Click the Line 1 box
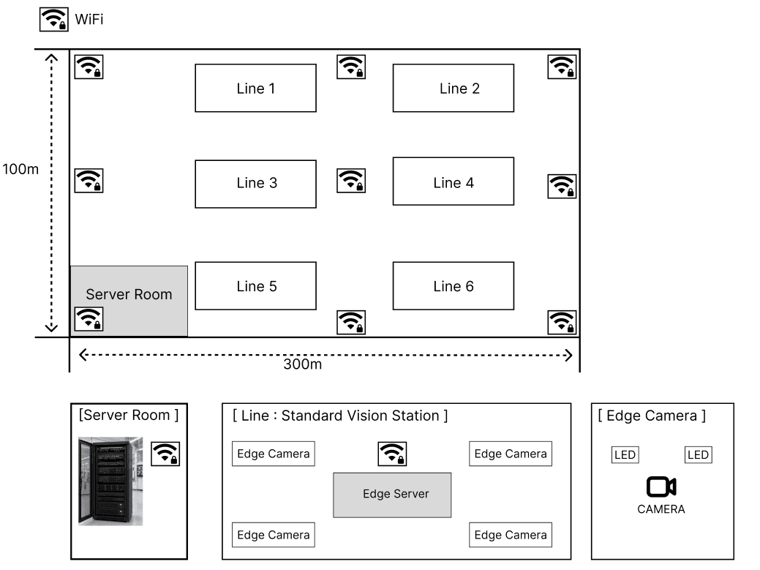[x=255, y=89]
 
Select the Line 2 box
[x=454, y=89]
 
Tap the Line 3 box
[x=255, y=184]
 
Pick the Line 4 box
[x=454, y=181]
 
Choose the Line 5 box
[x=255, y=286]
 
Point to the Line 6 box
[x=454, y=286]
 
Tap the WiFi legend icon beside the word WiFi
[x=54, y=19]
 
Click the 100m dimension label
[x=20, y=169]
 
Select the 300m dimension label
[x=302, y=364]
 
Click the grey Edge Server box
[x=392, y=495]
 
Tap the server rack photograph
[x=110, y=481]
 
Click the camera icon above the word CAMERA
[x=661, y=487]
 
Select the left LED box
[x=625, y=454]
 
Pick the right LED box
[x=698, y=454]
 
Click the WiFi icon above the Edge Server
[x=392, y=454]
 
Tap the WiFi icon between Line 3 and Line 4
[x=351, y=181]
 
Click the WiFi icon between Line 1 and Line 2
[x=351, y=67]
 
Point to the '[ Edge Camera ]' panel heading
[x=652, y=416]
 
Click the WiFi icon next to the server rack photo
[x=165, y=454]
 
